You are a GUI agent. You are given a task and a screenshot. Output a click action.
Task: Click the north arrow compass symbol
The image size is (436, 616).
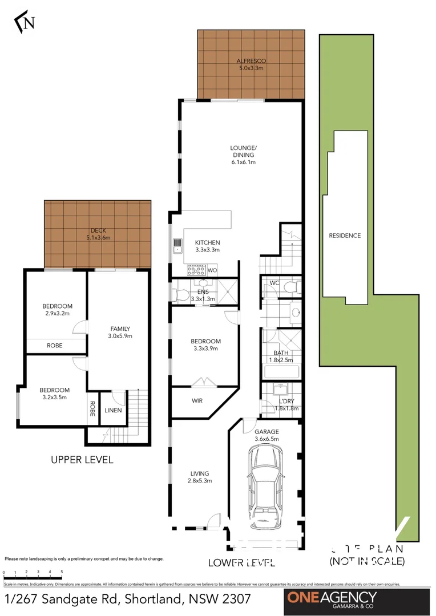[25, 22]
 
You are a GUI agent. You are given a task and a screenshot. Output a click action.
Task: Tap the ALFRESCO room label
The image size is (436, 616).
[252, 64]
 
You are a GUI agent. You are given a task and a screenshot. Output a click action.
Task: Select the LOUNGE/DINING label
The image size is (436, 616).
[243, 155]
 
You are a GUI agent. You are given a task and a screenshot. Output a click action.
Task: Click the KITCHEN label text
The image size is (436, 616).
[207, 246]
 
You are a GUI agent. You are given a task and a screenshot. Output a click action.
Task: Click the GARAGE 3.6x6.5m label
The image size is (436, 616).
[267, 435]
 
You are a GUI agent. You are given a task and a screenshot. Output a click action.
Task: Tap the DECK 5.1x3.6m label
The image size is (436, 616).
[98, 234]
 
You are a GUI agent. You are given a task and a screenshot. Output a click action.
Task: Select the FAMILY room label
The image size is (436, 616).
[120, 332]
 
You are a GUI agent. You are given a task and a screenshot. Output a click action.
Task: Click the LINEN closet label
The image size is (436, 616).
[113, 410]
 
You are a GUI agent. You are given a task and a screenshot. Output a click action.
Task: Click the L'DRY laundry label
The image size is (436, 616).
[287, 404]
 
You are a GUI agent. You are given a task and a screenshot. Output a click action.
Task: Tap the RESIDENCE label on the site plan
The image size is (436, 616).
[345, 236]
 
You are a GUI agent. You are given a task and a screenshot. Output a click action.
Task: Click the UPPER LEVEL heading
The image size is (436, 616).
[82, 459]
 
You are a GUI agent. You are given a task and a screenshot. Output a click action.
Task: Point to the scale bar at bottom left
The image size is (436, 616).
[33, 572]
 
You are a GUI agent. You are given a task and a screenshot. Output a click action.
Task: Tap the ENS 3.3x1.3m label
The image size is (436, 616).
[203, 294]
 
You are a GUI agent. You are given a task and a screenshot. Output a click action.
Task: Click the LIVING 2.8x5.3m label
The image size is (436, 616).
[200, 477]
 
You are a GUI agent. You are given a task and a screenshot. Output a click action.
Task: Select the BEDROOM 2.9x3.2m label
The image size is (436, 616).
[57, 310]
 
